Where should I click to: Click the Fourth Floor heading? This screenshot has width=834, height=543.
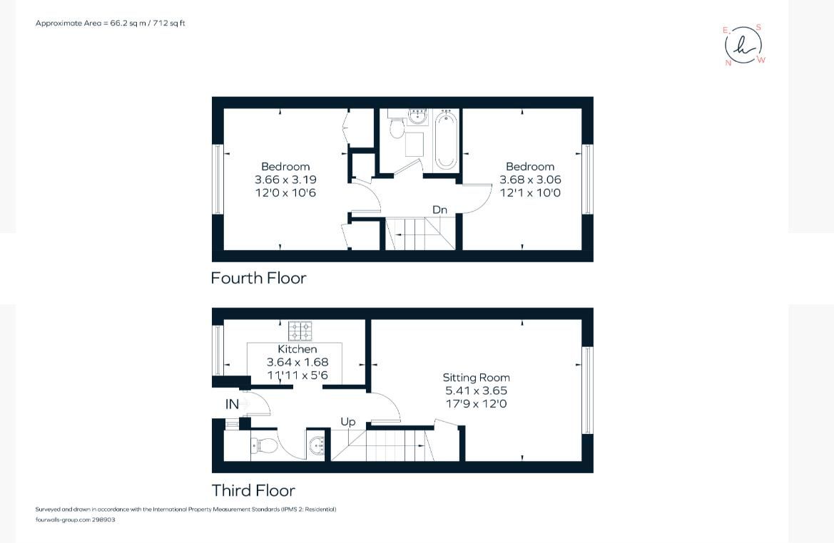(258, 278)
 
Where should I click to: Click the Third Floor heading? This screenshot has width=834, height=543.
(253, 490)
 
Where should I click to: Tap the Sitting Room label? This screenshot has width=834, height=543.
(476, 378)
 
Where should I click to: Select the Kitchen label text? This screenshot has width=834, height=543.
(298, 349)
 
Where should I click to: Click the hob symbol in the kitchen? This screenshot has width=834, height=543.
(300, 331)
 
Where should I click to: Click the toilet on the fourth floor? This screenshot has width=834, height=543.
(398, 128)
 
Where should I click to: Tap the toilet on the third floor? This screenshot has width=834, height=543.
(265, 446)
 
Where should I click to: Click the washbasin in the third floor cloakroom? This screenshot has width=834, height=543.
(317, 447)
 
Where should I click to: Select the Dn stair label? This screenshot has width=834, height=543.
(439, 210)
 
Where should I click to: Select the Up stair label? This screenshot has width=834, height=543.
(347, 422)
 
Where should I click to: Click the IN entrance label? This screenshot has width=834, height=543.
(232, 404)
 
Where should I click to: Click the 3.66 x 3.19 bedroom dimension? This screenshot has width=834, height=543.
(285, 180)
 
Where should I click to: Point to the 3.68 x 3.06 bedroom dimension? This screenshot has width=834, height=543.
(530, 180)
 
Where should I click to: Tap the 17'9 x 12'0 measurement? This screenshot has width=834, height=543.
(476, 404)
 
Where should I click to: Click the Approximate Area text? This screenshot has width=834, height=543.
(111, 24)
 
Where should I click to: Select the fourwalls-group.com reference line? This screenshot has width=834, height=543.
(75, 519)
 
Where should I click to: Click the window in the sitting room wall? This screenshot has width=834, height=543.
(587, 390)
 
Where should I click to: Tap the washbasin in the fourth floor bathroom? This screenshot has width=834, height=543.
(417, 116)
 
